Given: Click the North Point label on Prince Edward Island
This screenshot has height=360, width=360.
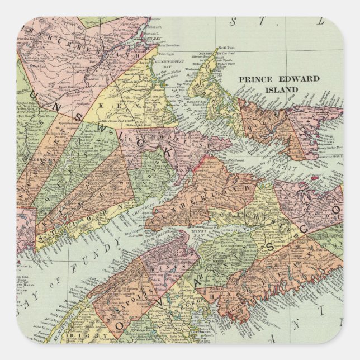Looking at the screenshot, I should pyautogui.click(x=224, y=48).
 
